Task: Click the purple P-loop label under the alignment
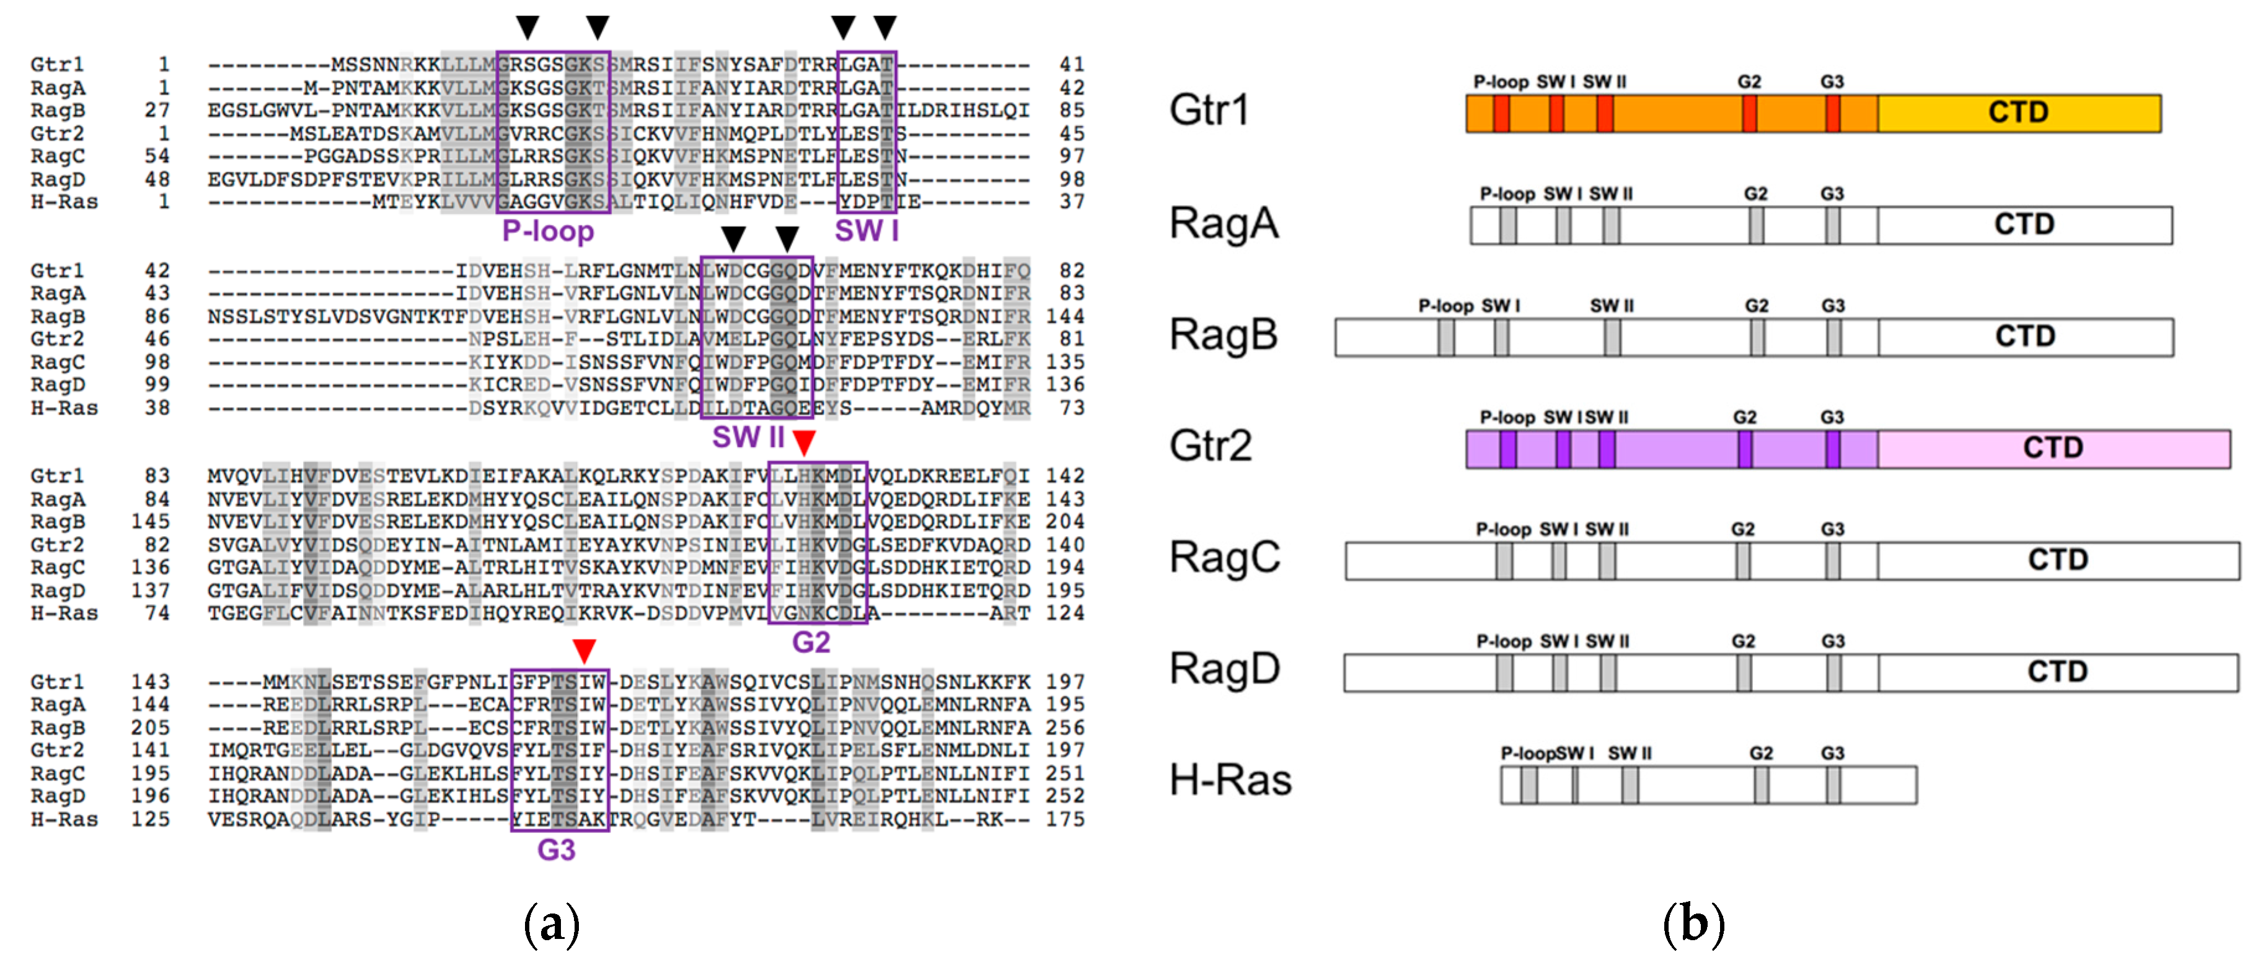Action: pos(548,232)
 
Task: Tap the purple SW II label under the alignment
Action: pos(748,437)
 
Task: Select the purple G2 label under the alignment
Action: pos(811,643)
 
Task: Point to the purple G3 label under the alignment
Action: pos(557,850)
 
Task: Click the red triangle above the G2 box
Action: pos(803,442)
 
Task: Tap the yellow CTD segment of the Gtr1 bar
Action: pos(2019,113)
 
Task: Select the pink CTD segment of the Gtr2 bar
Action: pos(2053,448)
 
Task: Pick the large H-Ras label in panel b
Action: pos(1230,780)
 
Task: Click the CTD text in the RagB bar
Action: pos(2024,337)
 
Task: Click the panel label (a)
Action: pos(551,923)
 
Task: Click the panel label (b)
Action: pos(1693,923)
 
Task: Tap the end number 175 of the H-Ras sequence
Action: pos(1065,819)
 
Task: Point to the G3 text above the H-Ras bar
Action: pos(1832,753)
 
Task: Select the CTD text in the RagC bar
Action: pos(2057,560)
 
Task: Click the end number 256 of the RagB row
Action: pos(1065,728)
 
